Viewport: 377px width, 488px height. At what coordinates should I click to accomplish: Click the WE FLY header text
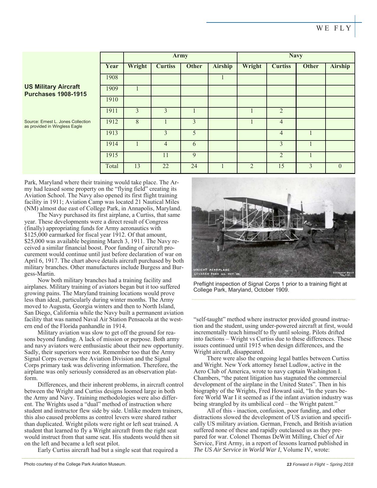tap(334, 28)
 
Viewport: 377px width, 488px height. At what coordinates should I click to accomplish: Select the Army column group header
tap(180, 56)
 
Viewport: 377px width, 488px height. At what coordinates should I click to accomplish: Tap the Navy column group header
tap(296, 56)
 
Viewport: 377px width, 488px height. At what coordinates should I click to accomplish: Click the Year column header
tap(112, 66)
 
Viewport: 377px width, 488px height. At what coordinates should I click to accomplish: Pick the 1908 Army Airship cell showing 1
tap(222, 77)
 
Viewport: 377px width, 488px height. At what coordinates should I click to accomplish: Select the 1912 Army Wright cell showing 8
tap(137, 122)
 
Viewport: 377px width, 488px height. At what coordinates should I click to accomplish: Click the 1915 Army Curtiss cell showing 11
tap(166, 155)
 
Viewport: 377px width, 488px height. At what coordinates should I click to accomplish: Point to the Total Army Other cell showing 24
tap(194, 166)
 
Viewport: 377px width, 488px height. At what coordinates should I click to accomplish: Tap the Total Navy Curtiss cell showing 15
tap(281, 166)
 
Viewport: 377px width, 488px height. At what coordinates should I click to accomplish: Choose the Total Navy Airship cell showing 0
tap(340, 166)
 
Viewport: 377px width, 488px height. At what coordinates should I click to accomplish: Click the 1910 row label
tap(112, 100)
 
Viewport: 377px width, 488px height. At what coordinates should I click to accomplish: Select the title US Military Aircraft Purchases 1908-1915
tap(56, 91)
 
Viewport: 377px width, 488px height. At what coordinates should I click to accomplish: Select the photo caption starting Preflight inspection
tap(270, 287)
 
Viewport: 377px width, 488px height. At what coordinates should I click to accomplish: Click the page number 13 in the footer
tap(289, 464)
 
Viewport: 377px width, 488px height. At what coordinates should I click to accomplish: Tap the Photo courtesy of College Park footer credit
tap(75, 464)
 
